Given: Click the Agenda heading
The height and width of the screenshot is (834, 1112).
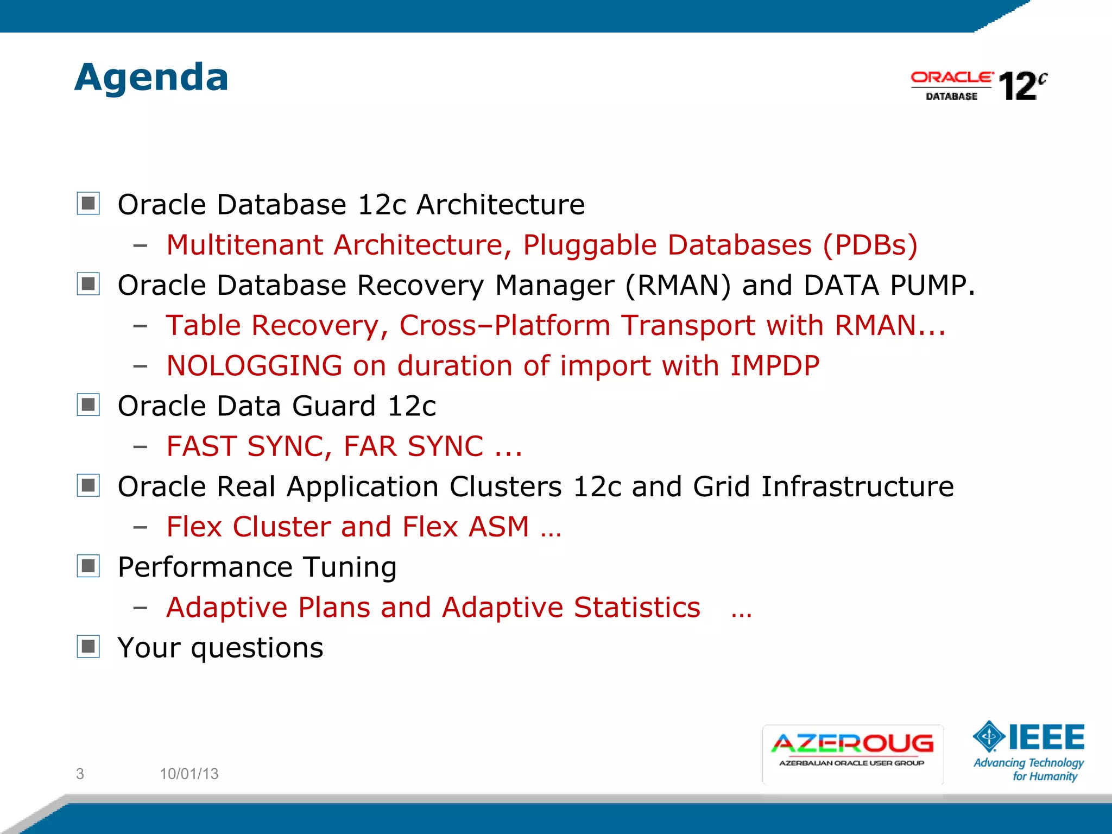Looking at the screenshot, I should click(x=151, y=78).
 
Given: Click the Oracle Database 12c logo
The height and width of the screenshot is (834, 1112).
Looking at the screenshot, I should click(x=978, y=86).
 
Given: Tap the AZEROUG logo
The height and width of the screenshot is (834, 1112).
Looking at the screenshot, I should click(x=852, y=753).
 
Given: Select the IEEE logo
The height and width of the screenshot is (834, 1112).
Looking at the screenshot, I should click(x=1029, y=751).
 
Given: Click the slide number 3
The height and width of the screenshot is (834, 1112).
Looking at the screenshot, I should click(x=80, y=774).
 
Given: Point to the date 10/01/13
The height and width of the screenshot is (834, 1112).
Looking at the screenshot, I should click(x=189, y=774).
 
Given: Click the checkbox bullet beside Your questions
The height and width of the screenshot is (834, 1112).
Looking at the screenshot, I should click(x=89, y=647).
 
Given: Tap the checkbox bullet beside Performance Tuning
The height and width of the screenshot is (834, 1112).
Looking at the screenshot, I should click(x=89, y=566).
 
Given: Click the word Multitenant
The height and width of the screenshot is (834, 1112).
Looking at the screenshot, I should click(x=244, y=245).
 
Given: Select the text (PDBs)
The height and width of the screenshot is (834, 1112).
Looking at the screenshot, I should click(x=870, y=245).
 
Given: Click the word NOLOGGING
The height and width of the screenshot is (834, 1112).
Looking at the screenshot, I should click(x=254, y=365).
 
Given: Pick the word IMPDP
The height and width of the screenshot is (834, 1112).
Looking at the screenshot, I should click(x=775, y=365).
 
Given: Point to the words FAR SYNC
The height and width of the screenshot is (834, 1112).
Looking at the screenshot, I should click(x=413, y=446).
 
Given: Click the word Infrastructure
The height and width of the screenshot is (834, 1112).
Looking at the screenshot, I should click(x=857, y=486).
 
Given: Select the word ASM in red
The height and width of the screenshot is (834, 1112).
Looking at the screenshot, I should click(x=498, y=527).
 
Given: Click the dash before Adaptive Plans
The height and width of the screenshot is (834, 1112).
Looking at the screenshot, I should click(x=140, y=608).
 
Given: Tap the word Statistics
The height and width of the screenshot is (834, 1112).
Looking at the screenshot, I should click(x=637, y=607).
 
